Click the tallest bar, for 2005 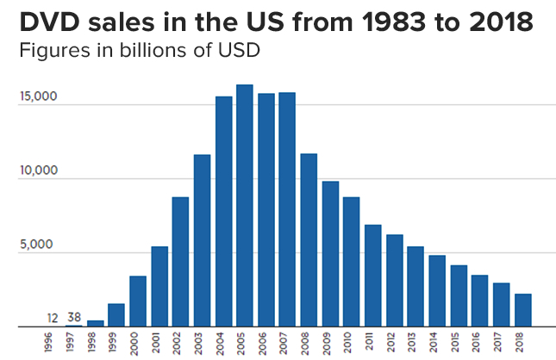tap(245, 206)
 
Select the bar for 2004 tap(223, 212)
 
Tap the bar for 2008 tap(309, 240)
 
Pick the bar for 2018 tap(522, 310)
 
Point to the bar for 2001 tap(159, 287)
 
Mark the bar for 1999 tap(116, 315)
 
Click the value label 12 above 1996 tap(53, 318)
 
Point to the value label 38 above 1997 tap(74, 318)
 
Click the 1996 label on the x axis tap(53, 342)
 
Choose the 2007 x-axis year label tap(288, 342)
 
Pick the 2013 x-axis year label tap(415, 342)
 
